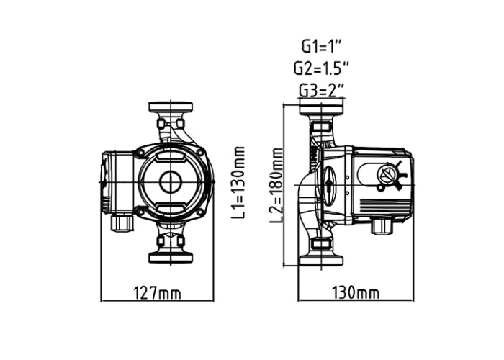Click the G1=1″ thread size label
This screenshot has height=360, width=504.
[320, 47]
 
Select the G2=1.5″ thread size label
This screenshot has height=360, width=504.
[321, 68]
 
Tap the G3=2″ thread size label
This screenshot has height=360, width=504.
[322, 90]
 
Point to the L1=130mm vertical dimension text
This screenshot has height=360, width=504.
[238, 182]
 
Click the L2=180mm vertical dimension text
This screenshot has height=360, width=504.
[276, 185]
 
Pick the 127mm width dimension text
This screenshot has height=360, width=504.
[157, 293]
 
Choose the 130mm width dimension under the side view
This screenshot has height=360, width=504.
[356, 293]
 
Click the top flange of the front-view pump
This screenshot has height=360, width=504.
[171, 107]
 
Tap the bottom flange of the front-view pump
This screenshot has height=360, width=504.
[171, 258]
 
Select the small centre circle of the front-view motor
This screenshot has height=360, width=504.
[171, 182]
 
